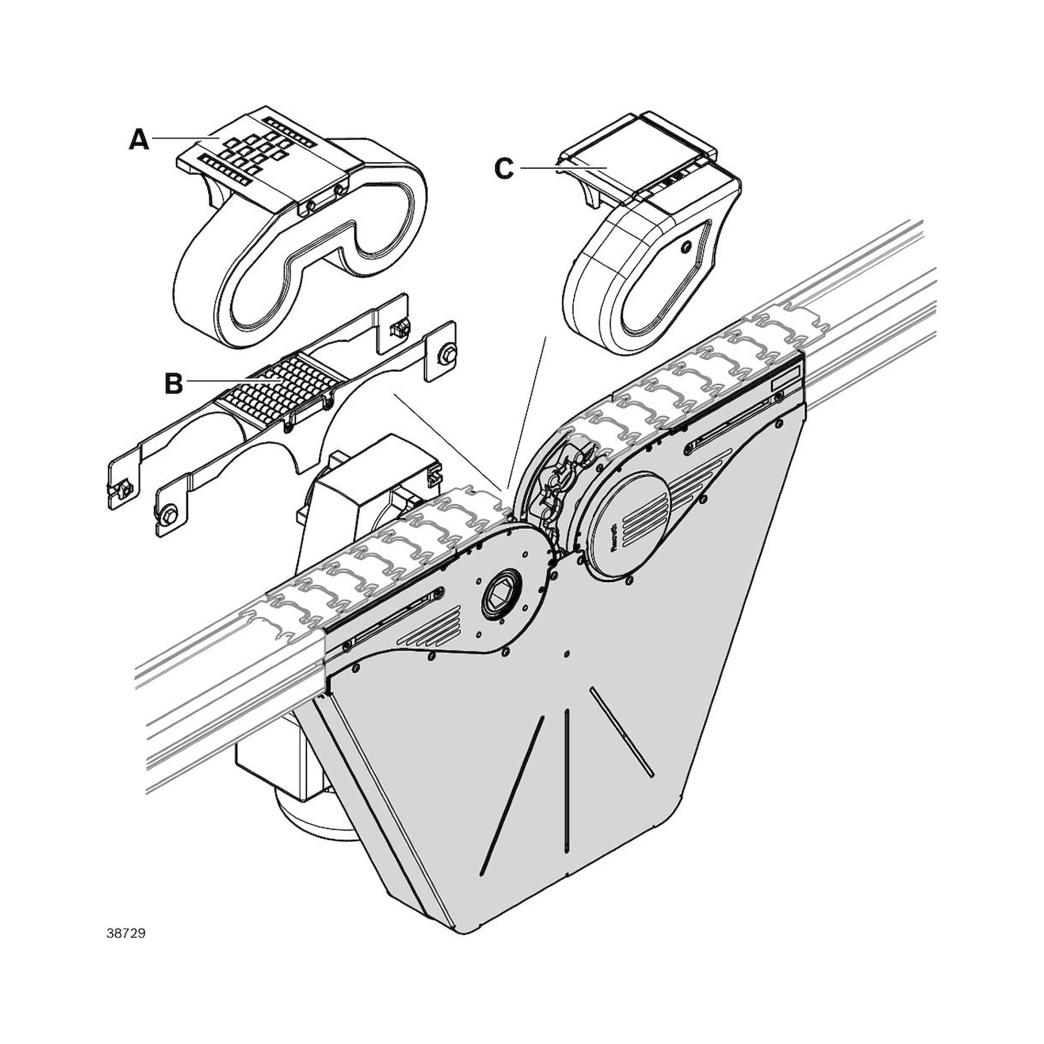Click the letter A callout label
(x=139, y=140)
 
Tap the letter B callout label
(x=173, y=384)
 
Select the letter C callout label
(x=504, y=169)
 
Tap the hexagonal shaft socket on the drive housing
(x=501, y=596)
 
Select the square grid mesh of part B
(x=270, y=387)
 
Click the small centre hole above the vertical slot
(x=566, y=655)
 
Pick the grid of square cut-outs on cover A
(x=254, y=150)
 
